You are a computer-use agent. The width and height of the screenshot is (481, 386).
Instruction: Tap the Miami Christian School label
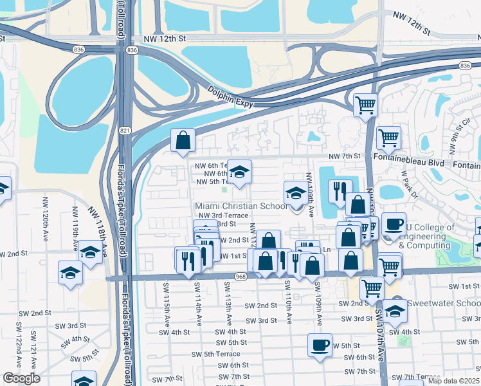(x=241, y=206)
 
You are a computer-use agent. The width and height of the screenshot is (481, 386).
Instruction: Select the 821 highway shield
(x=123, y=131)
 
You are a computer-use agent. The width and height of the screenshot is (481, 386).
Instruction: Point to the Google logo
(x=21, y=378)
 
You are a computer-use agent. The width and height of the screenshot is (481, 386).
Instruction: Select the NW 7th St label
(x=346, y=156)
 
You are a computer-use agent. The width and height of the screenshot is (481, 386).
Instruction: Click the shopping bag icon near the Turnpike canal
(x=183, y=139)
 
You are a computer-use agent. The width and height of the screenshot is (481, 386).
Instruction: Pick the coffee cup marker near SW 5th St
(x=320, y=345)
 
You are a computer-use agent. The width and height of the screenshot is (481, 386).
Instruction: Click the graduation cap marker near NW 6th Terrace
(x=239, y=171)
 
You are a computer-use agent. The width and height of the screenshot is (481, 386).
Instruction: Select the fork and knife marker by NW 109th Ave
(x=340, y=190)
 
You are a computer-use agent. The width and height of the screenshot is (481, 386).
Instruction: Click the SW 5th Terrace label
(x=222, y=354)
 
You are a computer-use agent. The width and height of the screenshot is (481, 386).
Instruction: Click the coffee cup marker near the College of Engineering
(x=394, y=224)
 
